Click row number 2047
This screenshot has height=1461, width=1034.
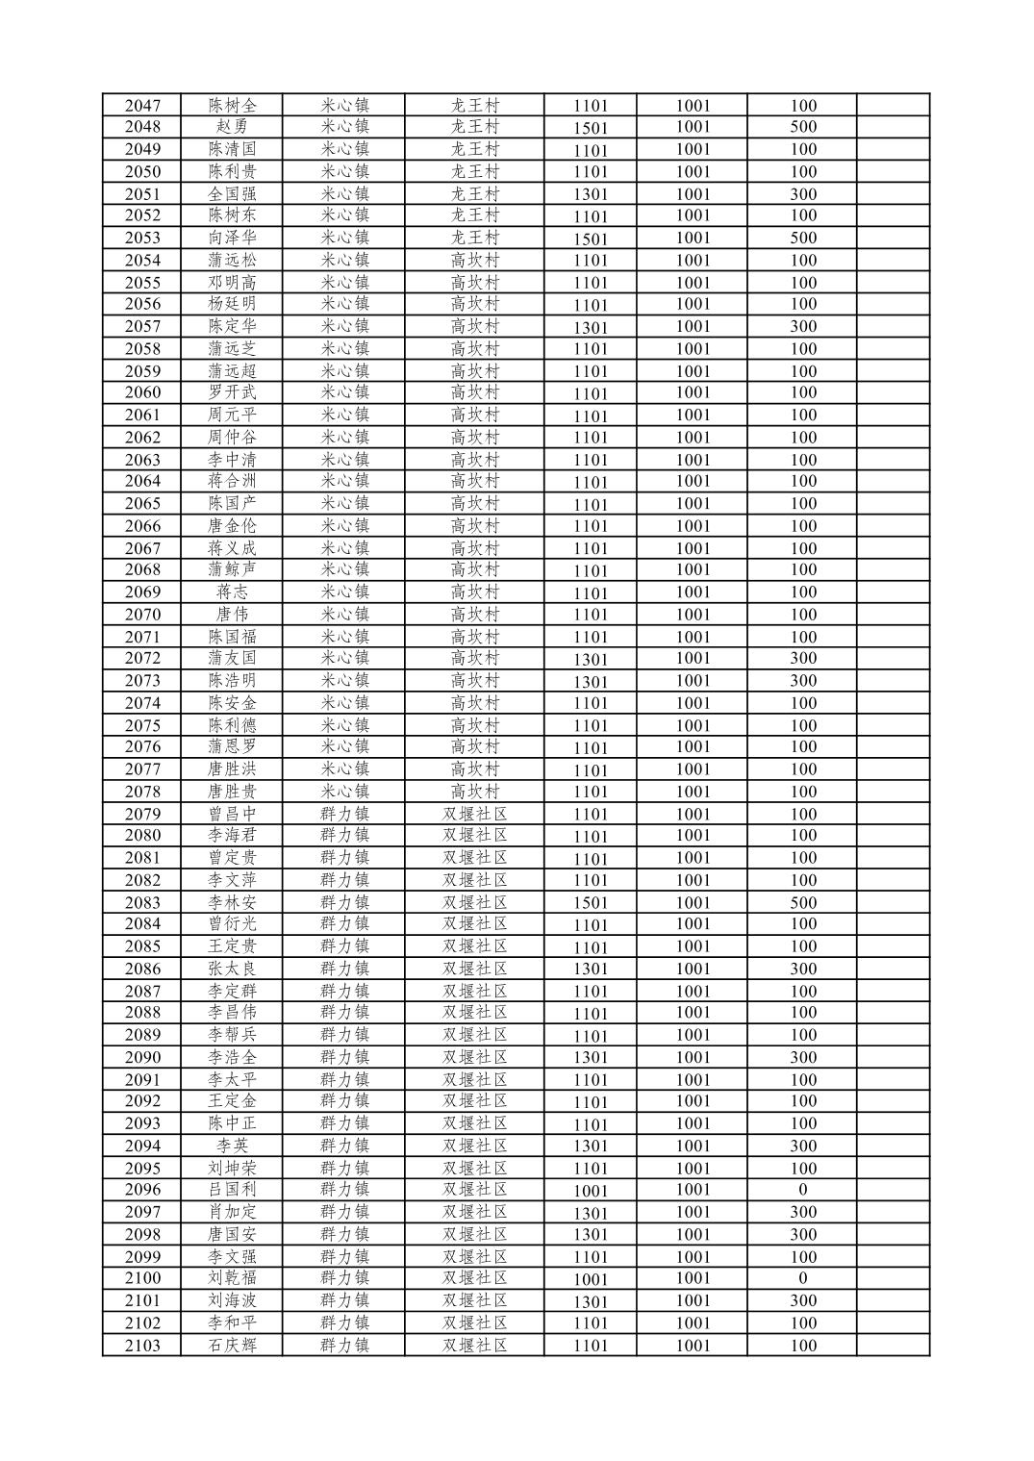(142, 106)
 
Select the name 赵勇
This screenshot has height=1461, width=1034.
(232, 127)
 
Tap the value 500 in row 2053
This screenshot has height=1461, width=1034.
(803, 238)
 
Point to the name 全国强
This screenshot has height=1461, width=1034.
(232, 193)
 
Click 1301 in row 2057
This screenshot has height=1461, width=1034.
(591, 327)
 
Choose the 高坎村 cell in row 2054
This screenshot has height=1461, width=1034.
(475, 260)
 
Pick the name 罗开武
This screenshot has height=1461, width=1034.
(232, 392)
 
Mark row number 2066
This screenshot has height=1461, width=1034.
(142, 526)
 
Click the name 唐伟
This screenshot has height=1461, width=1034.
(232, 615)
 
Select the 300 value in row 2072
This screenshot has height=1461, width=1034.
(803, 659)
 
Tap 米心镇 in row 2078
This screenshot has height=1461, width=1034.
(344, 792)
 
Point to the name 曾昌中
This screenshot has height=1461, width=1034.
(232, 814)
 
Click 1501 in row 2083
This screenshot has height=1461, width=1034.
(591, 903)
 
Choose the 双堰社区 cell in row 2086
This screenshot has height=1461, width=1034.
(475, 969)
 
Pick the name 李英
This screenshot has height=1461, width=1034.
(232, 1146)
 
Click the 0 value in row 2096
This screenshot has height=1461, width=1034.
(803, 1190)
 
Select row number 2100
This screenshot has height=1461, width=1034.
(142, 1278)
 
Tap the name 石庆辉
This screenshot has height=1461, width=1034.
(232, 1346)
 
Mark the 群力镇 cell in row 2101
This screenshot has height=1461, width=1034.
(344, 1300)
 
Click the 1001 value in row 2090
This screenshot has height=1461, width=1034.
(693, 1057)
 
